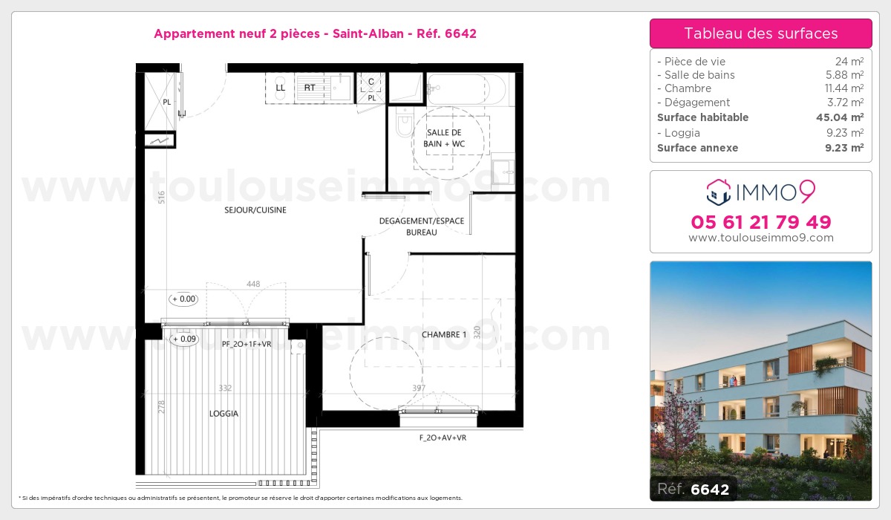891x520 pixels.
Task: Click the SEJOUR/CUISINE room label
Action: pyautogui.click(x=255, y=210)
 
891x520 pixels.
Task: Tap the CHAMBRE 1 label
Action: pyautogui.click(x=444, y=334)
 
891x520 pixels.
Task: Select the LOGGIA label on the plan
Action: pyautogui.click(x=224, y=414)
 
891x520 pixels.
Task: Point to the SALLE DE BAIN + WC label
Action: pyautogui.click(x=444, y=138)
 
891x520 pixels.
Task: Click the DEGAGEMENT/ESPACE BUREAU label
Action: pyautogui.click(x=422, y=227)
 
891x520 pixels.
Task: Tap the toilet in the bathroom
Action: pyautogui.click(x=405, y=122)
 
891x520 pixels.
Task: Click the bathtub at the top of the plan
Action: pyautogui.click(x=466, y=89)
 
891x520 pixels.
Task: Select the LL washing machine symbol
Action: pyautogui.click(x=280, y=88)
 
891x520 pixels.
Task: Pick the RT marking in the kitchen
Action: pyautogui.click(x=310, y=88)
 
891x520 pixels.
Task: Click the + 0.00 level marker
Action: pyautogui.click(x=184, y=299)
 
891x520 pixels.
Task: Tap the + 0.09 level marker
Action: pyautogui.click(x=184, y=339)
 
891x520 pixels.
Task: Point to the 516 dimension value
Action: pyautogui.click(x=161, y=198)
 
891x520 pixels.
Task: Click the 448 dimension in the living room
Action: pyautogui.click(x=253, y=284)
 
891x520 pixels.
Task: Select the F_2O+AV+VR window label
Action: pyautogui.click(x=443, y=438)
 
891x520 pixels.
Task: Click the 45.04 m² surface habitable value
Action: pyautogui.click(x=840, y=117)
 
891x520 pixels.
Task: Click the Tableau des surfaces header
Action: pyautogui.click(x=761, y=33)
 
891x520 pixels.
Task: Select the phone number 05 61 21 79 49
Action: pyautogui.click(x=761, y=222)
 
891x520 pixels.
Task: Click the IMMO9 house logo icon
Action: pyautogui.click(x=719, y=192)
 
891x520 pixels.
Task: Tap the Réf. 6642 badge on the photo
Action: pyautogui.click(x=693, y=489)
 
